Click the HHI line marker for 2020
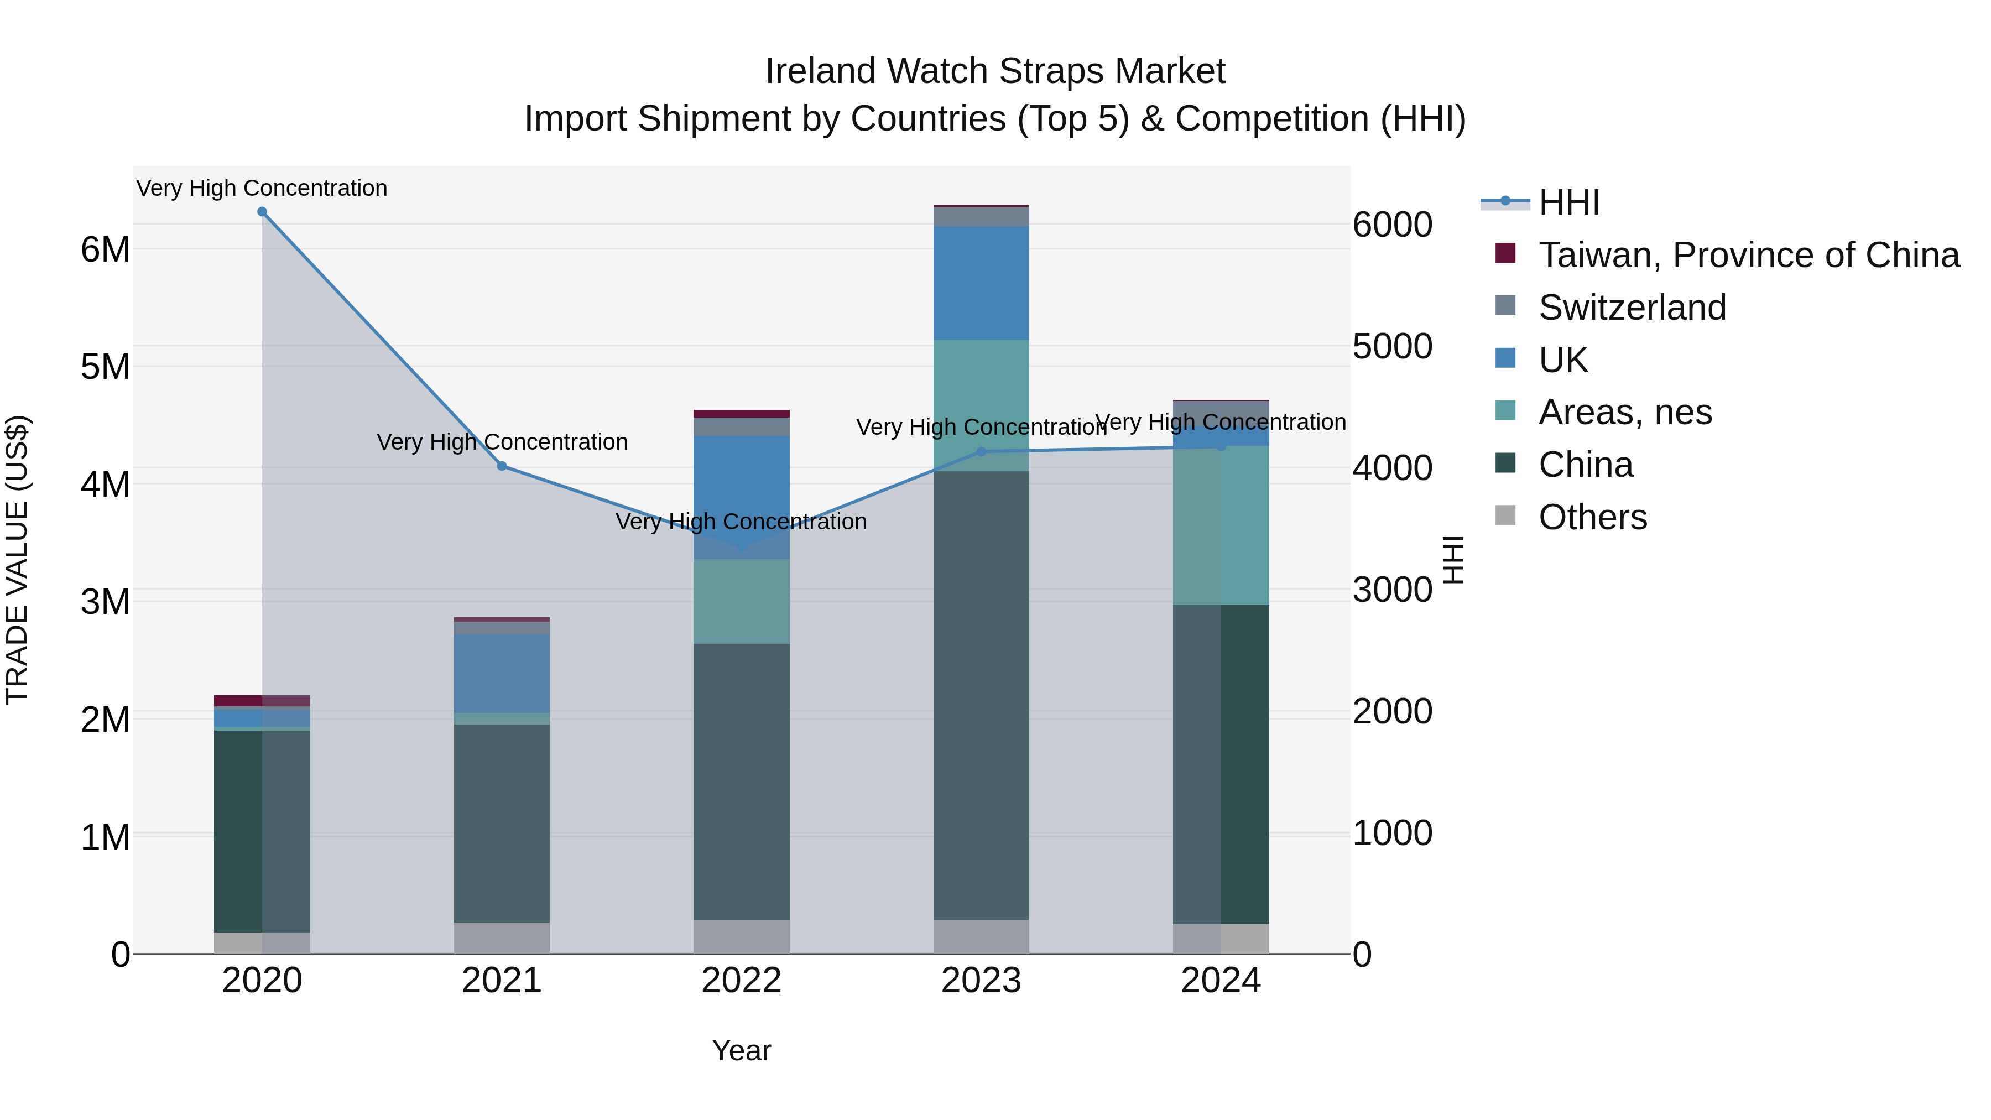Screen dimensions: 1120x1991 pos(262,212)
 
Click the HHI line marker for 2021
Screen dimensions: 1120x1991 pos(502,466)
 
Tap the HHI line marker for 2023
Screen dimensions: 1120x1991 pos(982,451)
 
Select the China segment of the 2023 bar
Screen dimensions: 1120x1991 pos(982,696)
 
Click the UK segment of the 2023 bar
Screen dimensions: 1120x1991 pos(982,283)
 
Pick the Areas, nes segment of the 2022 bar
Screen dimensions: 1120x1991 pos(741,601)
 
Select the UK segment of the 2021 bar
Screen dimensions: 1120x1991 pos(502,673)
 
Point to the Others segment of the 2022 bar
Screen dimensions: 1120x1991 pos(741,937)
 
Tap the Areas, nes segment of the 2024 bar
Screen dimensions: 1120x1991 pos(1221,525)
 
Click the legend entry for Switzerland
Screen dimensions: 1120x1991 pos(1631,308)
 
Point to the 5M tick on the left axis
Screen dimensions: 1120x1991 pos(106,367)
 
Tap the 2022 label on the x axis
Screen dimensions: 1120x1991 pos(741,981)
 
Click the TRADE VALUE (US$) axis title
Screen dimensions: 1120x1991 pos(18,560)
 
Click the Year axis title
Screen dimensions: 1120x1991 pos(741,1050)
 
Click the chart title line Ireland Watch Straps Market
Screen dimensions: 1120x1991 pos(995,71)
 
